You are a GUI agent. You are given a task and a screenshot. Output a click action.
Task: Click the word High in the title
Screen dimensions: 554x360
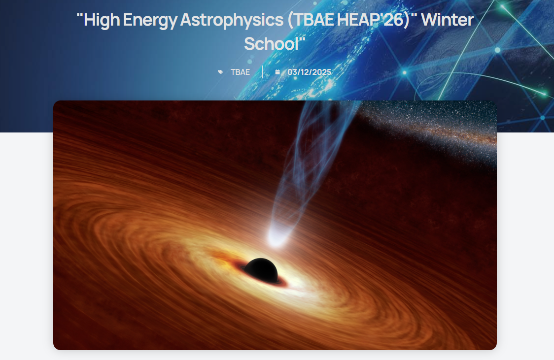pos(98,20)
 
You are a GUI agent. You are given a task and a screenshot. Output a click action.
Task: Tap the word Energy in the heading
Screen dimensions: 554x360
pos(150,20)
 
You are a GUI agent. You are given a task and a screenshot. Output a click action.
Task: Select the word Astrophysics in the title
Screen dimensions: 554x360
pos(232,20)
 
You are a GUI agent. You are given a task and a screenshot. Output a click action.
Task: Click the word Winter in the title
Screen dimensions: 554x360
pos(448,20)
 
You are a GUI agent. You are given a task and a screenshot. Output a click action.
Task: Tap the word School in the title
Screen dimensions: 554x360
pos(272,44)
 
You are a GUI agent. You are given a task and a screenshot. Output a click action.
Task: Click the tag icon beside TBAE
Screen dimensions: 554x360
pos(221,72)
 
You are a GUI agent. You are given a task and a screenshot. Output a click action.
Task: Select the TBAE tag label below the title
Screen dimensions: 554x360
pos(240,72)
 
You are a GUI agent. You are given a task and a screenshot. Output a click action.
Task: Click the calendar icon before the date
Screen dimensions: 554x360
pos(277,72)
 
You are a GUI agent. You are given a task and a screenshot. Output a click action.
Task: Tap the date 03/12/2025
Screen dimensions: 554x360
pos(309,72)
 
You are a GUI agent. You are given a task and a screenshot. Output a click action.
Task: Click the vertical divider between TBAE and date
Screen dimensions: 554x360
pos(263,72)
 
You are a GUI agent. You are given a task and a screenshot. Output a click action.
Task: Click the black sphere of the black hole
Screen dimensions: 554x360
pos(261,270)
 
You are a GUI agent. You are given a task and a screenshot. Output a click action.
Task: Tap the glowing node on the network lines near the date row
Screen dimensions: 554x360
pos(405,73)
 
